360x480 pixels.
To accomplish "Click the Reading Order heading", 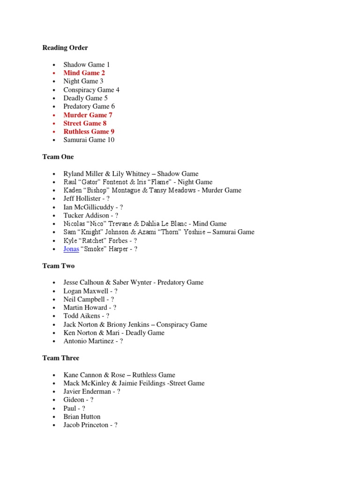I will (x=65, y=48).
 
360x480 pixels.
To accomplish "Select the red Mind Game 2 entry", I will (x=84, y=73).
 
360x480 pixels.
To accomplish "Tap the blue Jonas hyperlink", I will (x=71, y=249).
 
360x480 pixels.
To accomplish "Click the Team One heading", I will (x=58, y=157).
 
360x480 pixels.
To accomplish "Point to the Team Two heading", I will (x=58, y=266).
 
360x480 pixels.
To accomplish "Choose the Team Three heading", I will (x=60, y=358).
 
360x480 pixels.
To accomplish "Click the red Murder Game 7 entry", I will (x=88, y=115).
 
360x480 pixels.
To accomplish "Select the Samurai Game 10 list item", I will (x=89, y=140).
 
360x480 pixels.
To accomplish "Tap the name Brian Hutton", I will (x=82, y=417).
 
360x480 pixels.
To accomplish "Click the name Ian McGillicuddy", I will (x=88, y=207).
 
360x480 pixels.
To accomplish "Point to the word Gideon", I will (x=74, y=400).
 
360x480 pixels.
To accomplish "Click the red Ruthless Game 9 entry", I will (x=89, y=132).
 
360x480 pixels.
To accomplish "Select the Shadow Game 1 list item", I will (x=87, y=65).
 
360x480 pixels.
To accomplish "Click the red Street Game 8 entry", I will (x=85, y=123).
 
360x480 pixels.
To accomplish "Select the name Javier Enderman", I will (x=87, y=391).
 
